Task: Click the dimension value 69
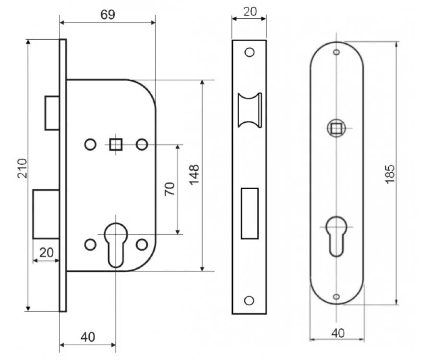tap(108, 14)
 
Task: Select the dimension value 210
tap(22, 168)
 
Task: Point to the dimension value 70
tap(169, 189)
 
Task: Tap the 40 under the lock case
tap(87, 337)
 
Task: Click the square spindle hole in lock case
tap(115, 144)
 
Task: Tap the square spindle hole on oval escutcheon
tap(336, 128)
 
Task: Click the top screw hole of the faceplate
tap(249, 52)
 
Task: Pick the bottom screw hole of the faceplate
tap(249, 300)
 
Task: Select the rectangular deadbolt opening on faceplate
tap(250, 213)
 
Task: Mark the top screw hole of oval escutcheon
tap(336, 51)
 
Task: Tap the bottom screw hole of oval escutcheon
tap(336, 296)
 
